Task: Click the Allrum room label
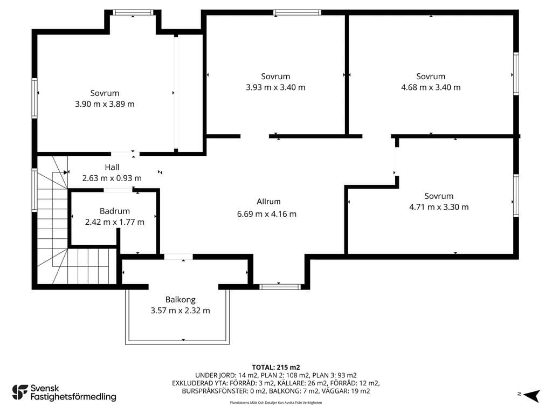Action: [x=268, y=202]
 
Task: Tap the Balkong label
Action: [x=180, y=300]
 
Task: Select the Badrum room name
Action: [x=115, y=211]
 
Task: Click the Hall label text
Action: [x=112, y=167]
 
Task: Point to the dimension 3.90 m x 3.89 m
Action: [x=105, y=104]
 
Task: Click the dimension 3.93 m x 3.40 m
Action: [x=275, y=87]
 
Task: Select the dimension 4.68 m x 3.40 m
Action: [x=431, y=87]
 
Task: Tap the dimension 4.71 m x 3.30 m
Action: [x=439, y=207]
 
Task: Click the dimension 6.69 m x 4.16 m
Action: [x=267, y=214]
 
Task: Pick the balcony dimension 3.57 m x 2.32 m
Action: [x=180, y=310]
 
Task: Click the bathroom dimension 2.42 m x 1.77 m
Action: [x=115, y=222]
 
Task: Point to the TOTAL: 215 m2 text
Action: [x=276, y=368]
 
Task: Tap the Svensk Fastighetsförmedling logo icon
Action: [x=20, y=392]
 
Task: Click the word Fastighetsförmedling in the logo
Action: [x=73, y=397]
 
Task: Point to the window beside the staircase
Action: [x=34, y=190]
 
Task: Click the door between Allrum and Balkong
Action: [x=178, y=257]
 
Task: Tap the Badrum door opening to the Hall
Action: [x=118, y=190]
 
